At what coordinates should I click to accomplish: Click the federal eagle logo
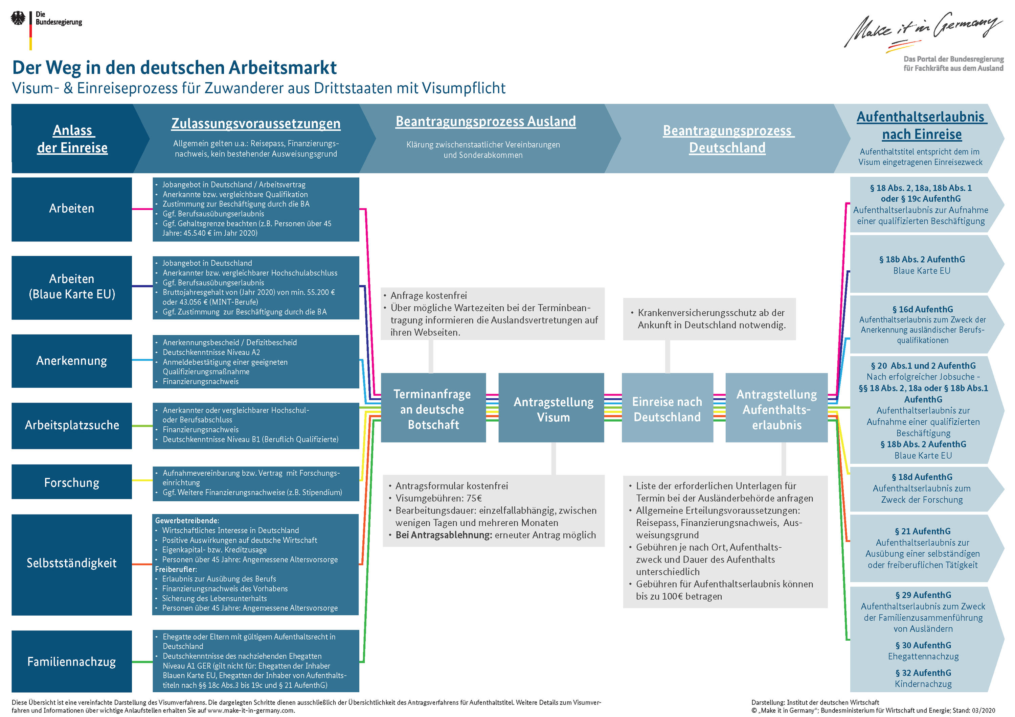(x=18, y=19)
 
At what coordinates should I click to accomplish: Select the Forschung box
(x=72, y=482)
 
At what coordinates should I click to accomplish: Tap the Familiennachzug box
(x=72, y=661)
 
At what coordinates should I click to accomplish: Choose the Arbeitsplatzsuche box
(x=72, y=425)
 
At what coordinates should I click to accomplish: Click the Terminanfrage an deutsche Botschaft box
(x=433, y=409)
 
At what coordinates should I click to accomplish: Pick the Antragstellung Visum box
(x=553, y=409)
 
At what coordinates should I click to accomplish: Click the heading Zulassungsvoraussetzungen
(x=255, y=123)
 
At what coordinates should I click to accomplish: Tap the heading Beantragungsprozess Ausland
(x=486, y=121)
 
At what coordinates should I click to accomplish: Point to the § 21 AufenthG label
(x=922, y=531)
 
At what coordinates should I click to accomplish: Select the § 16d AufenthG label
(x=922, y=309)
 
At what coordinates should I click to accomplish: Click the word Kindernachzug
(x=923, y=684)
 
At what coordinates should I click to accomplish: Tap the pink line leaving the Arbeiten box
(x=142, y=209)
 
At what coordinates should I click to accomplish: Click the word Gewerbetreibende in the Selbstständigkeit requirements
(x=186, y=520)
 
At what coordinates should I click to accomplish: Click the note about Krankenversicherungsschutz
(x=711, y=318)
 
